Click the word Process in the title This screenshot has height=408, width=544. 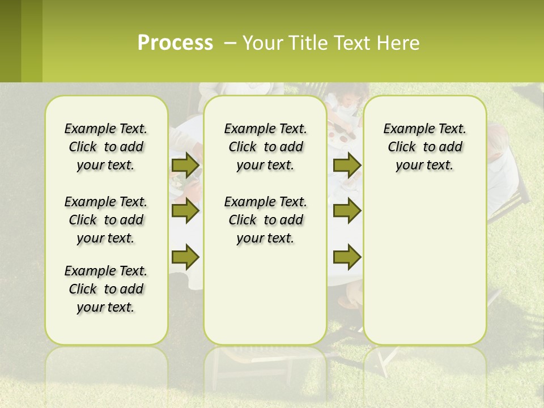pos(175,42)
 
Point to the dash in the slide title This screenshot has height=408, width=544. pos(229,43)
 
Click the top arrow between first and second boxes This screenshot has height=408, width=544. pos(185,165)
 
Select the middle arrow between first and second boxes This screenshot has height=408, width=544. pos(185,211)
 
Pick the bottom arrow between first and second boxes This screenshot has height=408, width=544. pos(185,257)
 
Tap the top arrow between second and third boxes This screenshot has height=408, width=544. pos(347,165)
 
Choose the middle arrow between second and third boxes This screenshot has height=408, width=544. pos(347,211)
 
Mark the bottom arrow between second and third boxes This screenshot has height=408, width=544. pos(347,257)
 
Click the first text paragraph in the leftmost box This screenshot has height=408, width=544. pos(106,147)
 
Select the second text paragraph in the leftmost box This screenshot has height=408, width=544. pos(106,220)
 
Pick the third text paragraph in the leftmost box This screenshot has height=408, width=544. pos(106,289)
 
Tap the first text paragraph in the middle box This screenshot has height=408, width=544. pos(265,147)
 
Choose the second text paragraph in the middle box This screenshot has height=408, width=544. pos(265,220)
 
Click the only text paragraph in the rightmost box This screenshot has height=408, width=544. pos(424,147)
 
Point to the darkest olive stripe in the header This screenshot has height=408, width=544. pos(10,41)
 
